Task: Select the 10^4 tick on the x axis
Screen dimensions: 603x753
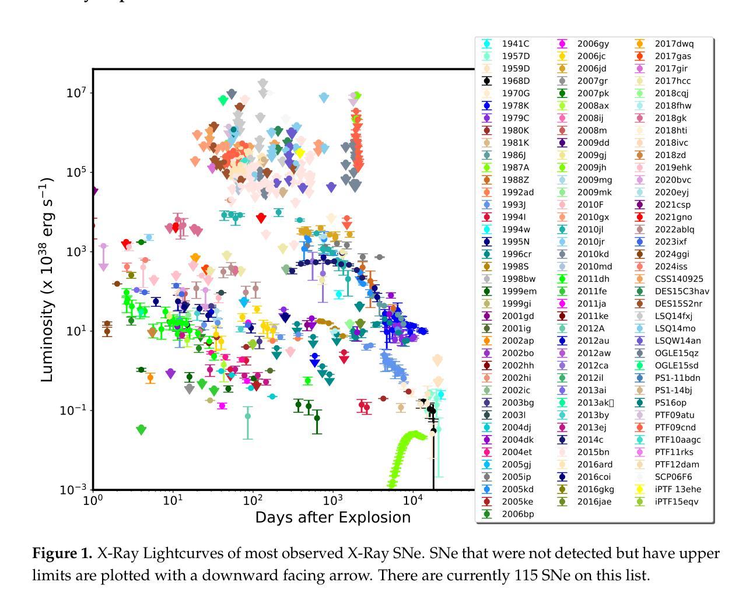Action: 413,501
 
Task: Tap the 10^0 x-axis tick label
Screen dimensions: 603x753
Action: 93,501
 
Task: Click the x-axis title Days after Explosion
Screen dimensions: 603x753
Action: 332,517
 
